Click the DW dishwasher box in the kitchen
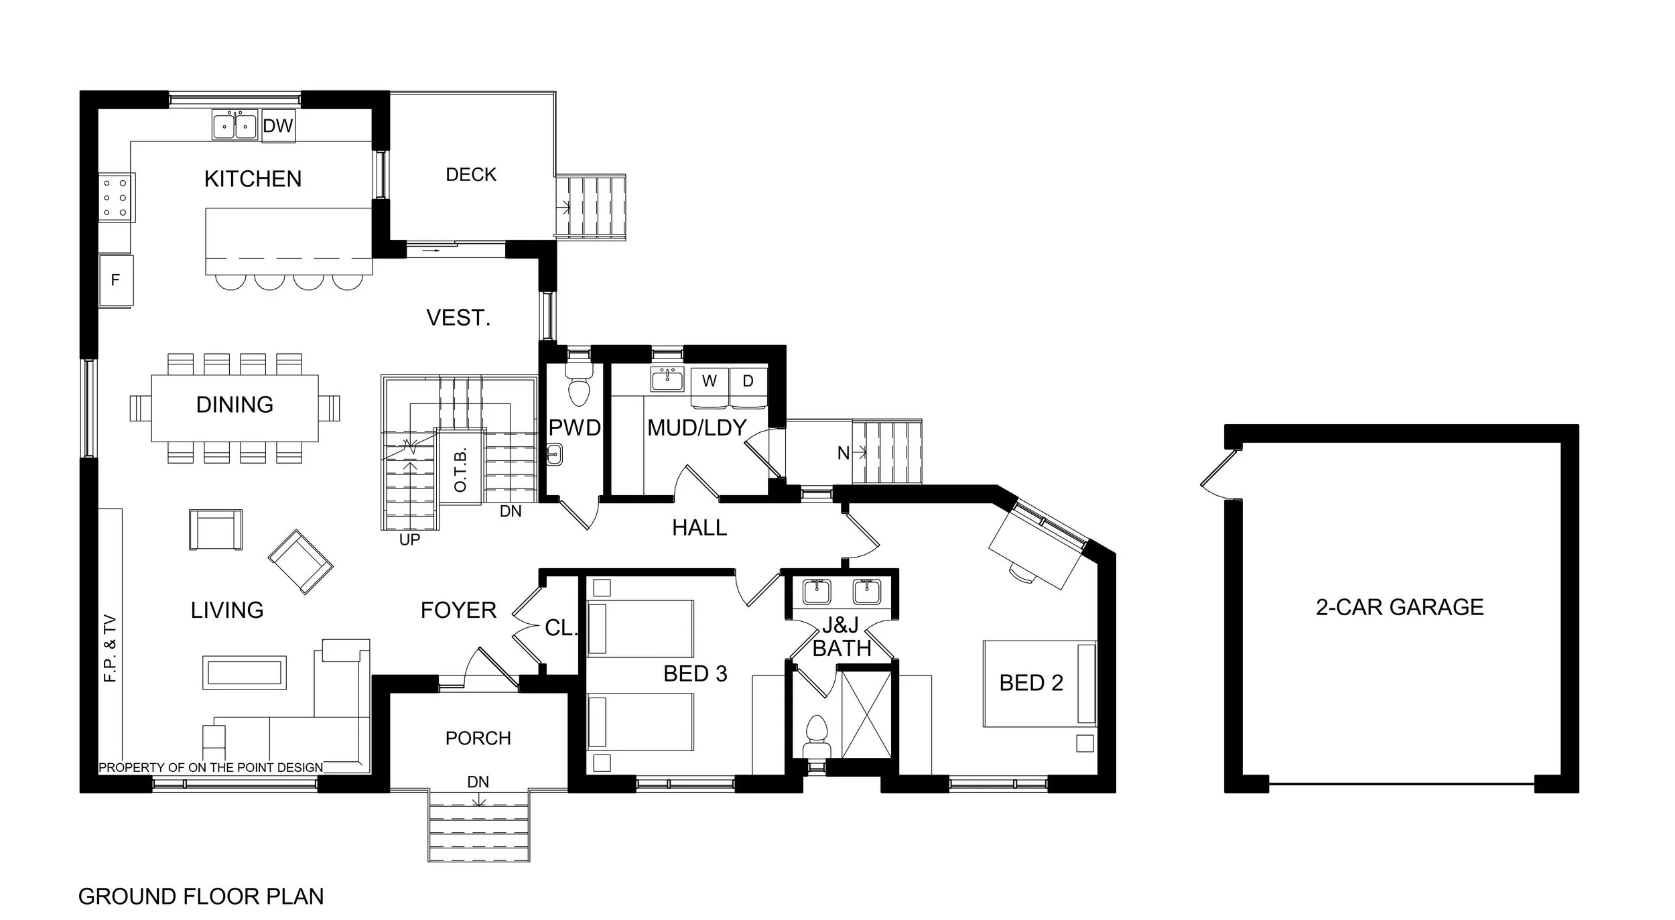[277, 126]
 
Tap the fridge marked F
[115, 280]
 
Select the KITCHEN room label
[253, 179]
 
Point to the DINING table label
[234, 405]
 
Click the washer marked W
[710, 381]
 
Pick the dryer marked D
[748, 381]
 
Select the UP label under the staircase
[409, 539]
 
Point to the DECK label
[471, 175]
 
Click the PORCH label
[478, 738]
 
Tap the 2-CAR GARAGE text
[1399, 607]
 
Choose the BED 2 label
[1030, 683]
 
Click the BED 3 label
[695, 673]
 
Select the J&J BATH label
[841, 638]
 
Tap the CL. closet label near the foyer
[560, 628]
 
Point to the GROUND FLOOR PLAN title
[200, 897]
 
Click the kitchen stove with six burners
[115, 198]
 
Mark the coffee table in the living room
[245, 672]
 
